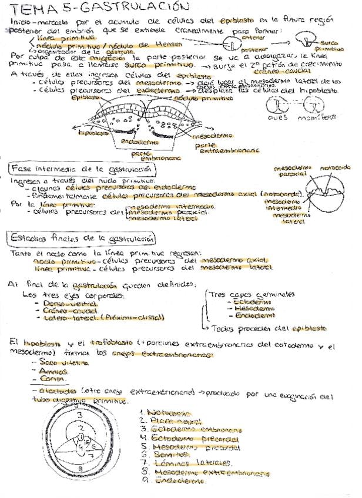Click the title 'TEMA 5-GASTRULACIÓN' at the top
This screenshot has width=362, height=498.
100,8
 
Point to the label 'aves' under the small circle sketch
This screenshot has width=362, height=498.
278,116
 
